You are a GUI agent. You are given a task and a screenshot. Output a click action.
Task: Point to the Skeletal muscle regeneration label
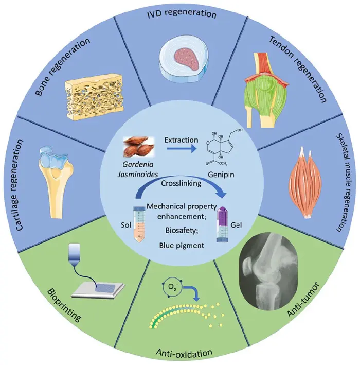point(344,183)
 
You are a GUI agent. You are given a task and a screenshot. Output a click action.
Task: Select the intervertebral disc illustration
point(180,58)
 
